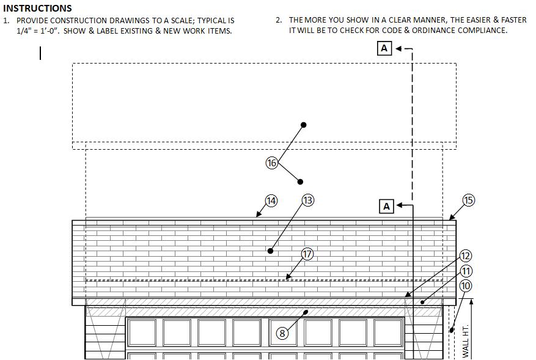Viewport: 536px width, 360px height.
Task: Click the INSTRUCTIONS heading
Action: coord(37,9)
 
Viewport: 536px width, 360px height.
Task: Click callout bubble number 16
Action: coord(272,163)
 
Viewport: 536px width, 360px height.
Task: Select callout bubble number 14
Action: coord(271,200)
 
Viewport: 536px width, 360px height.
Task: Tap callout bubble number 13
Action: coord(308,200)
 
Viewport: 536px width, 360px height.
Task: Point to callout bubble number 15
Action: coord(468,200)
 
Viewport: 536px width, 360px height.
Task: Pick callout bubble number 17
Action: coord(307,254)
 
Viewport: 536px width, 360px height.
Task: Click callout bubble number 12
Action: coord(466,256)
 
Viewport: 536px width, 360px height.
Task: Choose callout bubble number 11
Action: coord(466,271)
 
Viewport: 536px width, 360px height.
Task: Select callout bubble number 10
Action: coord(466,285)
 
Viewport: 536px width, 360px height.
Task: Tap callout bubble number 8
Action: coord(282,333)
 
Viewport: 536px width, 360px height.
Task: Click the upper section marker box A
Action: coord(384,48)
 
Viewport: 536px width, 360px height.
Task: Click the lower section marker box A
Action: coord(386,206)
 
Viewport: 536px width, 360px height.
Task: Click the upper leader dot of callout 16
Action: coord(304,125)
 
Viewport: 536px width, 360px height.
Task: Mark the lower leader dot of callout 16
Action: coord(300,182)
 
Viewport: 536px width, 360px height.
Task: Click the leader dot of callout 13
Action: coord(270,251)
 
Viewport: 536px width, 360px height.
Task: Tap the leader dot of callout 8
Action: coord(307,312)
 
